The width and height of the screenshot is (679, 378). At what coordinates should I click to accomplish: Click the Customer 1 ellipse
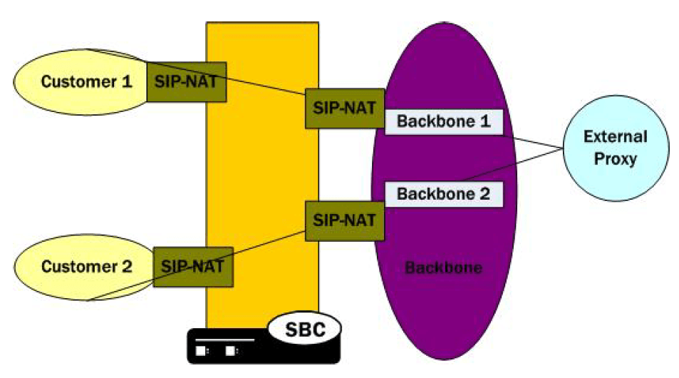tap(78, 81)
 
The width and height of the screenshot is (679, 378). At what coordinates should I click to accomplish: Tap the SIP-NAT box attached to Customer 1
tap(186, 81)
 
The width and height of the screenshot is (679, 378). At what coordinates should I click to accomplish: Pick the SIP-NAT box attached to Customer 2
tap(192, 267)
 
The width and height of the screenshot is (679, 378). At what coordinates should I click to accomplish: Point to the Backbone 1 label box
tap(444, 121)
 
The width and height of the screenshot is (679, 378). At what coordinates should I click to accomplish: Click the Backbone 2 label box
tap(444, 193)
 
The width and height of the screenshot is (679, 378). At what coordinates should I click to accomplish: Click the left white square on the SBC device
tap(202, 351)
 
